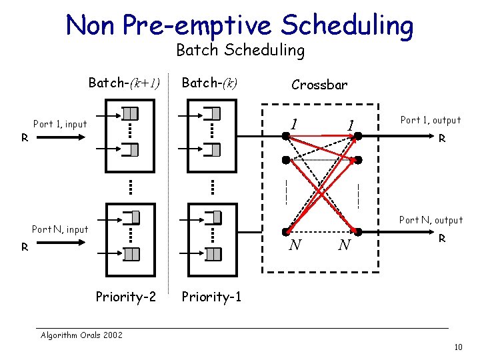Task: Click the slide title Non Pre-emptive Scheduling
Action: pyautogui.click(x=239, y=25)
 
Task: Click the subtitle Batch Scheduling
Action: pyautogui.click(x=240, y=50)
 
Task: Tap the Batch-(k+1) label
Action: pyautogui.click(x=125, y=83)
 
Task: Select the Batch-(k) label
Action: pyautogui.click(x=210, y=83)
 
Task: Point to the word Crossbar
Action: pyautogui.click(x=319, y=85)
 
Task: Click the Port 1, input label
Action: pyautogui.click(x=60, y=123)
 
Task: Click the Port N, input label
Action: pyautogui.click(x=60, y=229)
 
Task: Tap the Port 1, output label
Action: pyautogui.click(x=430, y=120)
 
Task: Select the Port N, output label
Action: pyautogui.click(x=430, y=220)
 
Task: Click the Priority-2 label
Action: pyautogui.click(x=125, y=297)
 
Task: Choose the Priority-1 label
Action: pyautogui.click(x=211, y=297)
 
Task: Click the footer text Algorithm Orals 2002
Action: pyautogui.click(x=81, y=335)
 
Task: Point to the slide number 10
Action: pyautogui.click(x=457, y=347)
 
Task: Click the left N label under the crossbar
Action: pyautogui.click(x=294, y=245)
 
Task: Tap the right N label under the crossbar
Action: pyautogui.click(x=344, y=245)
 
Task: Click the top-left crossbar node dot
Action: pyautogui.click(x=285, y=136)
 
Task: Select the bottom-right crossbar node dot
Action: pyautogui.click(x=358, y=231)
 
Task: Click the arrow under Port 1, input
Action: pyautogui.click(x=57, y=136)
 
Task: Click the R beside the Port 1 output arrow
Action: pyautogui.click(x=441, y=140)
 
